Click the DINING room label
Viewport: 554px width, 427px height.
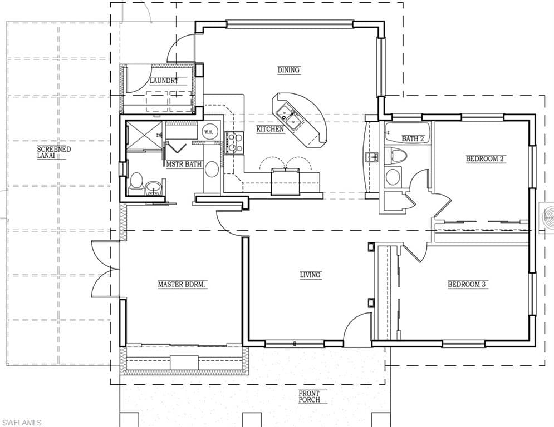click(x=288, y=70)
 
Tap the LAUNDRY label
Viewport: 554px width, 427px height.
click(x=164, y=81)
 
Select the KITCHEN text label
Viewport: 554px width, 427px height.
click(x=270, y=129)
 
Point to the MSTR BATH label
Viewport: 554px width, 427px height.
click(x=184, y=164)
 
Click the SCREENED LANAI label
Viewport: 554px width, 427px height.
click(x=53, y=152)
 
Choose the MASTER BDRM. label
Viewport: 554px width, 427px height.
click(x=182, y=284)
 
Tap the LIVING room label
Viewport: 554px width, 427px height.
click(x=310, y=275)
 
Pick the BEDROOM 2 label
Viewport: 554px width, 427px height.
click(x=484, y=158)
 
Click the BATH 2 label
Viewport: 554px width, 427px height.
click(x=413, y=138)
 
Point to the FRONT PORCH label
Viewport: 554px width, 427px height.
click(x=309, y=396)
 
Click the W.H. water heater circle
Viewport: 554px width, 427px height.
click(x=208, y=132)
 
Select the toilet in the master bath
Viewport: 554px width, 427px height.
click(x=136, y=183)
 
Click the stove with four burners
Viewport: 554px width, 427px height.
click(x=233, y=142)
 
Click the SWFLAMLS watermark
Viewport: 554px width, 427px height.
click(x=21, y=423)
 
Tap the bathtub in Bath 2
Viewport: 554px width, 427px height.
click(x=408, y=133)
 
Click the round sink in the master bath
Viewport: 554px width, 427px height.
click(x=153, y=187)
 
